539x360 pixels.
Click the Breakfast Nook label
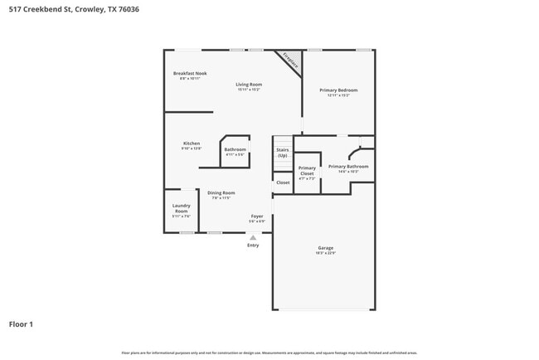pyautogui.click(x=190, y=73)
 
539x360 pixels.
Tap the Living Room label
pyautogui.click(x=249, y=84)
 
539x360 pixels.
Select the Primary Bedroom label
pyautogui.click(x=338, y=90)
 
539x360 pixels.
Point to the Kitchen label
pyautogui.click(x=192, y=144)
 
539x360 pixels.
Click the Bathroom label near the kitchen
pyautogui.click(x=236, y=149)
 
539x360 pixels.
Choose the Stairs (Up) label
pyautogui.click(x=282, y=153)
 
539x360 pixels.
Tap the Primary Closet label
pyautogui.click(x=307, y=170)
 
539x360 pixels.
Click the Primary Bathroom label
pyautogui.click(x=348, y=167)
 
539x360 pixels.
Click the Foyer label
pyautogui.click(x=257, y=216)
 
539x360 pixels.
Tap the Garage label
pyautogui.click(x=325, y=248)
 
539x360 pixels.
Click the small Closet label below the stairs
pyautogui.click(x=283, y=182)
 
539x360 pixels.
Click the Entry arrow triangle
pyautogui.click(x=253, y=237)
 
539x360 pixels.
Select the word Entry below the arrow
pyautogui.click(x=253, y=245)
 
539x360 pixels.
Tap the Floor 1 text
pyautogui.click(x=21, y=324)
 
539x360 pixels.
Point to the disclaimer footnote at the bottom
pyautogui.click(x=269, y=353)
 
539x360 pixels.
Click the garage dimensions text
pyautogui.click(x=325, y=253)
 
